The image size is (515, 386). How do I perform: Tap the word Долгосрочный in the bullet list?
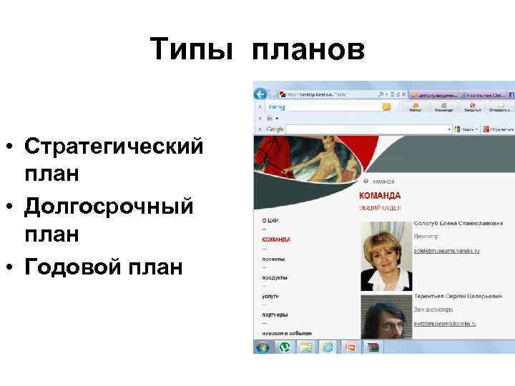point(109,207)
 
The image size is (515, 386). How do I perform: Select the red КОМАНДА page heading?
point(379,195)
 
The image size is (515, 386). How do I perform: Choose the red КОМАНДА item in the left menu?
point(276,239)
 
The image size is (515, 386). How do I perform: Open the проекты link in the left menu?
point(273,258)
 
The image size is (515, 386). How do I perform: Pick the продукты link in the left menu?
point(275,277)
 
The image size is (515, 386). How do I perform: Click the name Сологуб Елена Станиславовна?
point(458,224)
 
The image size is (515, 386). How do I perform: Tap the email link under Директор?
point(446,251)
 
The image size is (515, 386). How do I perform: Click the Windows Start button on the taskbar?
point(263,347)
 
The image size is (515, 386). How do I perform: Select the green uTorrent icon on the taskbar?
point(284,347)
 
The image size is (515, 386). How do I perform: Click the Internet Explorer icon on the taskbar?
point(328,347)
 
